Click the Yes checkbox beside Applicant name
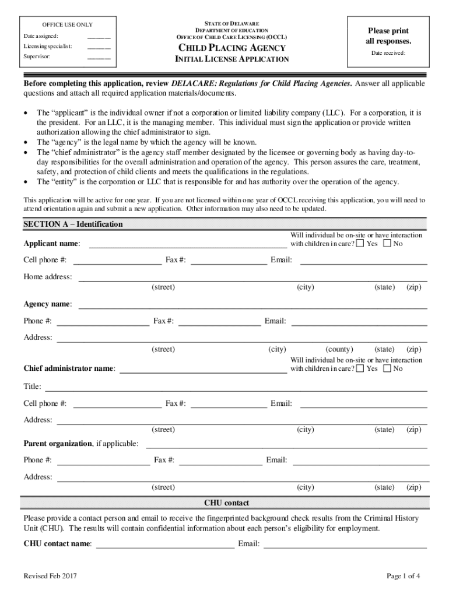pyautogui.click(x=360, y=243)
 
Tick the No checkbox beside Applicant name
pyautogui.click(x=387, y=243)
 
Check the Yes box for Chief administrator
pyautogui.click(x=360, y=368)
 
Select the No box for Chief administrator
pyautogui.click(x=387, y=368)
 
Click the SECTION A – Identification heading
pyautogui.click(x=73, y=224)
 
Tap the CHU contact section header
pyautogui.click(x=226, y=503)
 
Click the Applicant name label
pyautogui.click(x=52, y=244)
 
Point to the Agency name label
pyautogui.click(x=48, y=304)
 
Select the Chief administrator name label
pyautogui.click(x=69, y=369)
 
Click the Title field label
pyautogui.click(x=32, y=387)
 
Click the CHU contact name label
pyautogui.click(x=57, y=544)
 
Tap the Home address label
pyautogui.click(x=48, y=277)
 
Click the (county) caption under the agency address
pyautogui.click(x=339, y=349)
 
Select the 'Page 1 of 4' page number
pyautogui.click(x=404, y=577)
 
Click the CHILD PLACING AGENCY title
pyautogui.click(x=231, y=48)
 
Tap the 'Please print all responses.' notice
pyautogui.click(x=388, y=36)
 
